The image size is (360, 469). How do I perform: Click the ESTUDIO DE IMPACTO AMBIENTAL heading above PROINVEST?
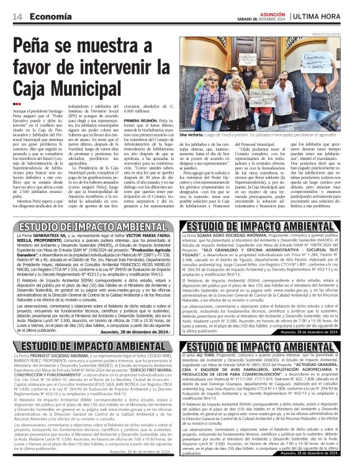click(89, 346)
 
